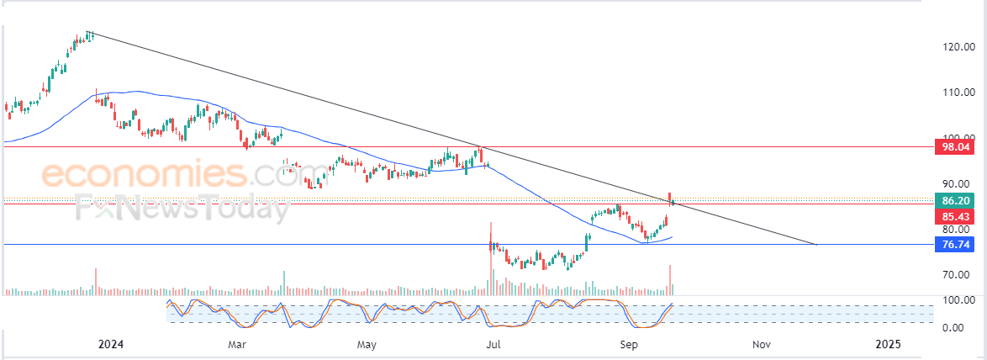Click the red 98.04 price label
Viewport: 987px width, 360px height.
[958, 147]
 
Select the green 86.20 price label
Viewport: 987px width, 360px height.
[958, 202]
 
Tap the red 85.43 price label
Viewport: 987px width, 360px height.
[958, 216]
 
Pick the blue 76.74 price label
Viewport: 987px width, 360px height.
[958, 245]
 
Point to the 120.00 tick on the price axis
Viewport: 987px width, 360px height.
[958, 47]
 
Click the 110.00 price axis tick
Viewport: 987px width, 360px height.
[958, 93]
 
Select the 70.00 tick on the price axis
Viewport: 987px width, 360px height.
[958, 275]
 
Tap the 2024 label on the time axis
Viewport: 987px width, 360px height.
[111, 344]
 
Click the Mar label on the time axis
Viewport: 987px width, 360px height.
[236, 344]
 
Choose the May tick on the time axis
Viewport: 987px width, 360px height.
[366, 344]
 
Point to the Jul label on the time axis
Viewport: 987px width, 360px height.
[494, 344]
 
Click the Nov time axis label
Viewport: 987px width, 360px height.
[761, 344]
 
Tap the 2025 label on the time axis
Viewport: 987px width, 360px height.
[888, 344]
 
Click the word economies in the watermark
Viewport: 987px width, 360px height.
[145, 175]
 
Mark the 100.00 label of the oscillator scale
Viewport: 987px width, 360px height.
[958, 300]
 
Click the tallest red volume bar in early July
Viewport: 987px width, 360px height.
[490, 261]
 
